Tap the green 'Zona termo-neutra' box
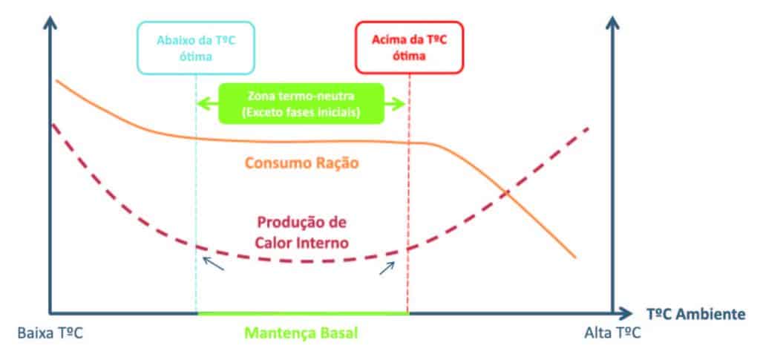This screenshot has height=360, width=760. tap(301, 103)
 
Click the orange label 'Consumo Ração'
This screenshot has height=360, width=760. tap(300, 163)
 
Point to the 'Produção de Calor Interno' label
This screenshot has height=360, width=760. tap(302, 232)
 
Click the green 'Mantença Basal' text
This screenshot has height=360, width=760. tap(302, 334)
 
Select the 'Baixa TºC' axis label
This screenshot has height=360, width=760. tap(47, 334)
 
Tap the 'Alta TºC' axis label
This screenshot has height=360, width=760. tap(611, 334)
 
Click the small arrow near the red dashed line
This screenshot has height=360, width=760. tap(386, 267)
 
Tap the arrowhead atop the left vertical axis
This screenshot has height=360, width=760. tap(50, 20)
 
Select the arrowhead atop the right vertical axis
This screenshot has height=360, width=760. tap(613, 20)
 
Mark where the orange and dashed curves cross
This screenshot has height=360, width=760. tap(507, 193)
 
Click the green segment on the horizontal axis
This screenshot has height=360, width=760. tap(302, 313)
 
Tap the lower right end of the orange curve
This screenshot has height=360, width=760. tap(574, 257)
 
